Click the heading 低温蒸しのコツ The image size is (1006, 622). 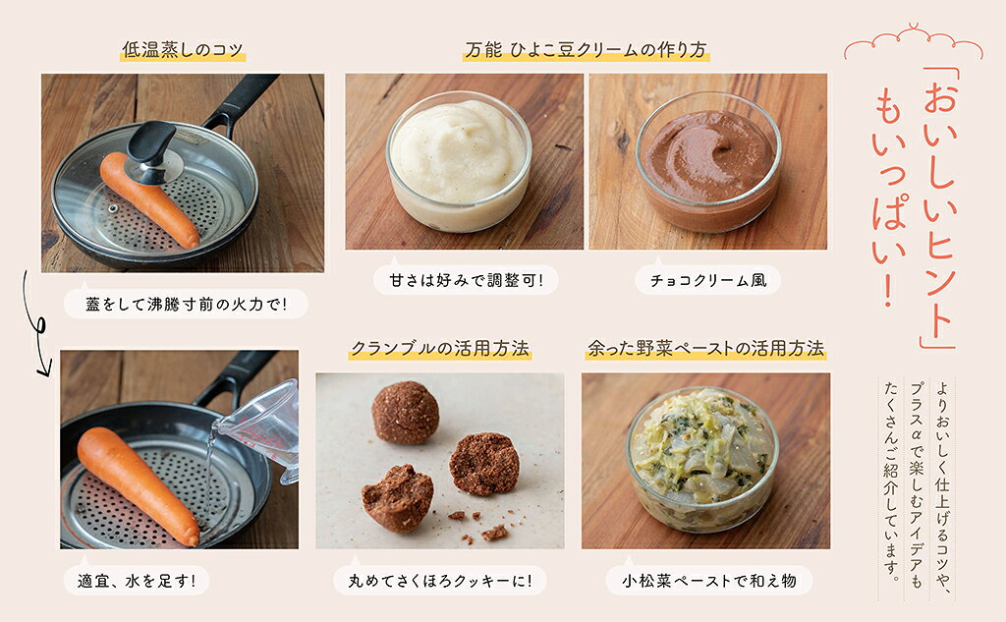coord(183,49)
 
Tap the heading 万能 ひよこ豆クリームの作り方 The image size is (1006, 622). coord(586,49)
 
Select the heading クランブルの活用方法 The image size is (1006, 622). coord(440,348)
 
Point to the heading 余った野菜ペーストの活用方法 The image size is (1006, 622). coord(705,348)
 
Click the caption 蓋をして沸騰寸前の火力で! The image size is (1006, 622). coord(186,304)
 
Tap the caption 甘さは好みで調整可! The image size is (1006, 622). coord(466,280)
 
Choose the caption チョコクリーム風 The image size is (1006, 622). coord(708,280)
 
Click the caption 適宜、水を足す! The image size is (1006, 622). coord(136,581)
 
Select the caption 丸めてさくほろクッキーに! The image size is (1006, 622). coord(440,581)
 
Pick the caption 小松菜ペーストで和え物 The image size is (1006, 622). coord(709,581)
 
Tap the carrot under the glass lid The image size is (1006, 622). coord(149,199)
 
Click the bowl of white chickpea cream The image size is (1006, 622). coord(459,161)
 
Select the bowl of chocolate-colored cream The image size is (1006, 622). coord(708,161)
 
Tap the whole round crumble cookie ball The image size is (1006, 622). coord(406,412)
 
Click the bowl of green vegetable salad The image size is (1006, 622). coord(702,459)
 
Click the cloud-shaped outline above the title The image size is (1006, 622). coord(913,42)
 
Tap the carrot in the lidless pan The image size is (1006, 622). coord(138,484)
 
